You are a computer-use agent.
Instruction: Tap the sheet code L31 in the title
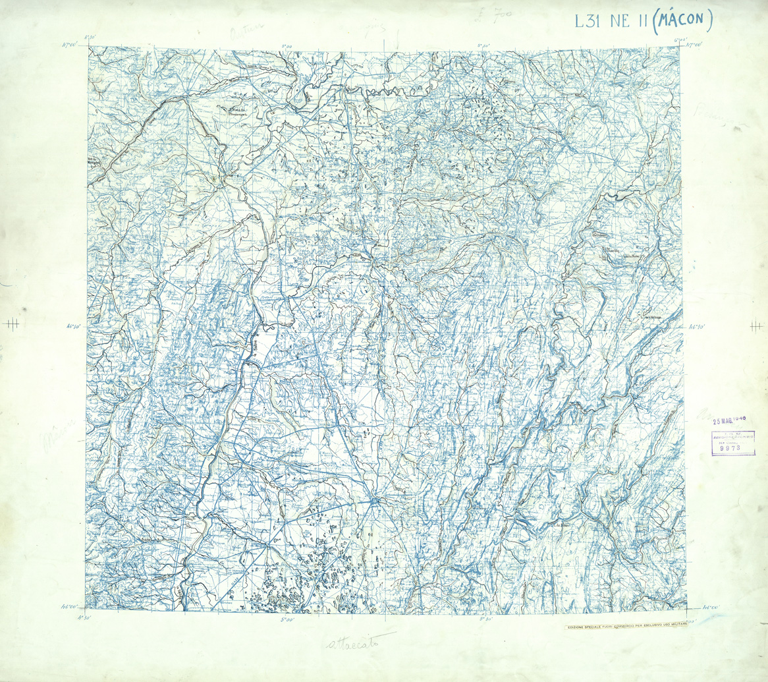coord(588,21)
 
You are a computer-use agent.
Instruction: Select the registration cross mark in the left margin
coord(10,323)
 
